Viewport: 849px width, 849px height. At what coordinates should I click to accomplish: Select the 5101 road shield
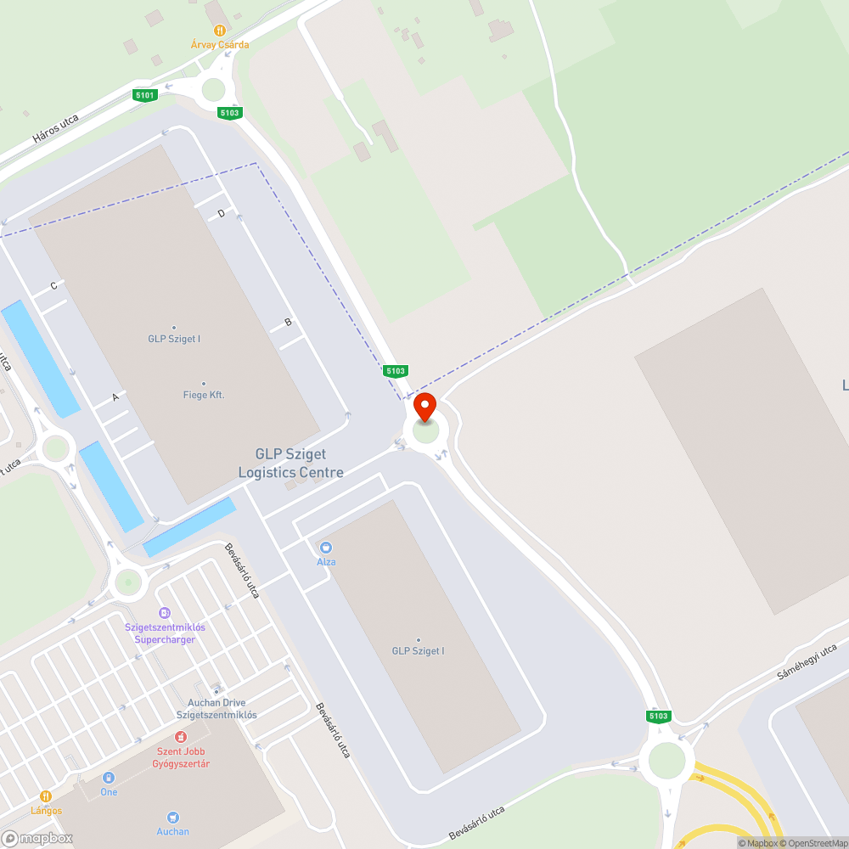pyautogui.click(x=145, y=95)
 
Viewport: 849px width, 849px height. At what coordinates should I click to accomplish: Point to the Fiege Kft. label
pyautogui.click(x=204, y=395)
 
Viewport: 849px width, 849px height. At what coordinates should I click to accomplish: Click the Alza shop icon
pyautogui.click(x=326, y=548)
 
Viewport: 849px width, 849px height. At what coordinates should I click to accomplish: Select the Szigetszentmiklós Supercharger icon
pyautogui.click(x=165, y=612)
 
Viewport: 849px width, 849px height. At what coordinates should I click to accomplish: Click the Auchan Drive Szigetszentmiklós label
pyautogui.click(x=216, y=709)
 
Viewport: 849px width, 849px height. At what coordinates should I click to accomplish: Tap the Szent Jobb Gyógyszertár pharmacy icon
pyautogui.click(x=180, y=737)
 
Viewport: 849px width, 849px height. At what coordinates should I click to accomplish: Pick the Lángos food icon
pyautogui.click(x=46, y=796)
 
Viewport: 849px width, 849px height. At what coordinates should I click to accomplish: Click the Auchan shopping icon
pyautogui.click(x=173, y=817)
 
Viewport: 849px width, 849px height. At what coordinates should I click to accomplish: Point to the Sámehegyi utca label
pyautogui.click(x=807, y=663)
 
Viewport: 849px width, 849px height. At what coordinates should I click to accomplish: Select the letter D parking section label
pyautogui.click(x=222, y=214)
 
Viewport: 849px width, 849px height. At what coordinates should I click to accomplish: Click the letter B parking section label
pyautogui.click(x=288, y=322)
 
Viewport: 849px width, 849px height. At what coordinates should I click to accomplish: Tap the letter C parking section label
pyautogui.click(x=53, y=286)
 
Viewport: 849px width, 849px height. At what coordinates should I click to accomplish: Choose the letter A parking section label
pyautogui.click(x=115, y=396)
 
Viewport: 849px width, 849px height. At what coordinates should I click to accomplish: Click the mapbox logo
pyautogui.click(x=38, y=838)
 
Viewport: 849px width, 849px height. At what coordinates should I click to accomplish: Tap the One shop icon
pyautogui.click(x=109, y=778)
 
